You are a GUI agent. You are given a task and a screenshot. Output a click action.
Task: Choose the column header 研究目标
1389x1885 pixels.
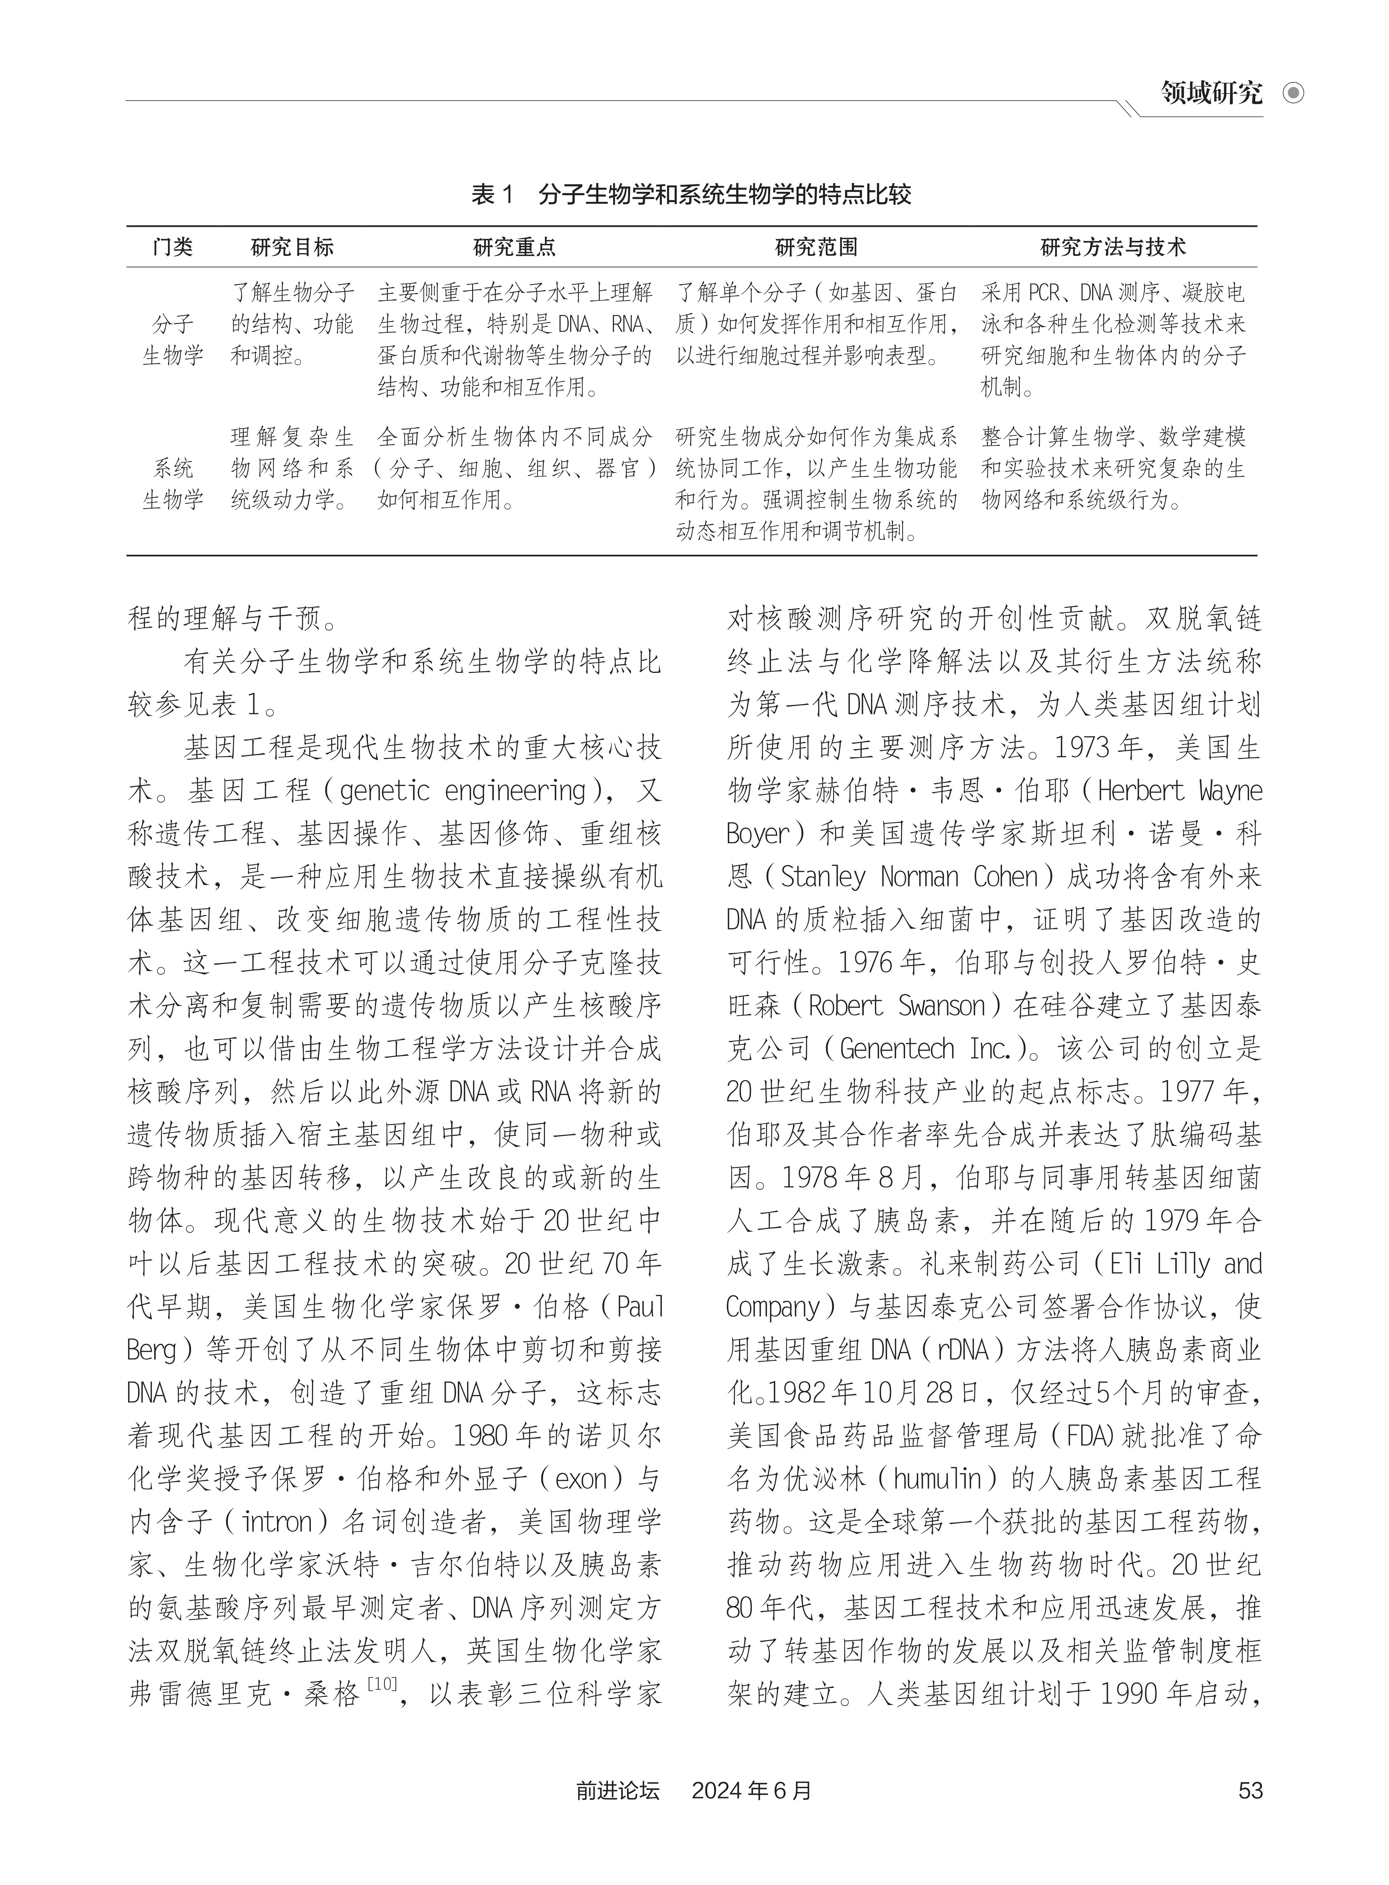293,247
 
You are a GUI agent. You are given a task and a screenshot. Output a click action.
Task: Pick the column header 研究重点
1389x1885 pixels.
514,247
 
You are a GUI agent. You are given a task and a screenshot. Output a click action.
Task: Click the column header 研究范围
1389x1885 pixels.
815,247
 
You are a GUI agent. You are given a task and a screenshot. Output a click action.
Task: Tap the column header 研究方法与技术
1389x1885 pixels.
1113,247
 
